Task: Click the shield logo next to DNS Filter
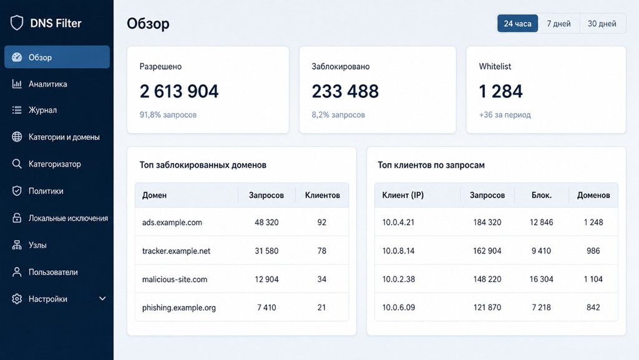click(17, 23)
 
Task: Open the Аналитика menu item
click(47, 84)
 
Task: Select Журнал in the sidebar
click(42, 110)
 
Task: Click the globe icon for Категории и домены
click(17, 137)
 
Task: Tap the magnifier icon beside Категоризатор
click(17, 163)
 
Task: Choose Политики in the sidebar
click(46, 191)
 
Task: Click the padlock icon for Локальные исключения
click(17, 218)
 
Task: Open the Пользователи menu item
click(53, 272)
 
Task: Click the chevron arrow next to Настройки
click(102, 298)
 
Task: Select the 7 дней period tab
click(559, 24)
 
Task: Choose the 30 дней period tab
click(602, 24)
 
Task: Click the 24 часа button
click(517, 24)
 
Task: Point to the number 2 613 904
click(179, 91)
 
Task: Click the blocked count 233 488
click(345, 91)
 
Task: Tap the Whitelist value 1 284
click(501, 91)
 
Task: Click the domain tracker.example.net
click(176, 251)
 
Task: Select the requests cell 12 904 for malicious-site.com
click(266, 280)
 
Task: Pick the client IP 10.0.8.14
click(398, 251)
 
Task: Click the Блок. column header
click(541, 195)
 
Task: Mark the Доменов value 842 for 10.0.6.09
click(593, 308)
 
